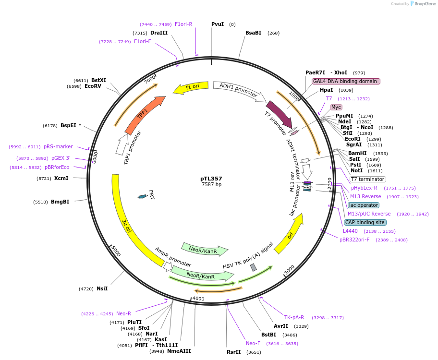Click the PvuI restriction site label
(218, 24)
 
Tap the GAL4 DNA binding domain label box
(346, 81)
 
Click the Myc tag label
(336, 107)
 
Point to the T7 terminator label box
(367, 179)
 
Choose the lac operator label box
(364, 205)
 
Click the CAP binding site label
(365, 222)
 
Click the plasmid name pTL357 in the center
(211, 179)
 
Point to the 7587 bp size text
(211, 184)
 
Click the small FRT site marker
(142, 196)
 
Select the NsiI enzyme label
(102, 288)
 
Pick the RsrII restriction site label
(233, 352)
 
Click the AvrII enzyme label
(280, 326)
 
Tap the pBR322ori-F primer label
(354, 240)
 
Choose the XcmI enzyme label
(61, 178)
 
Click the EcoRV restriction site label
(93, 86)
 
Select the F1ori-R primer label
(183, 24)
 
